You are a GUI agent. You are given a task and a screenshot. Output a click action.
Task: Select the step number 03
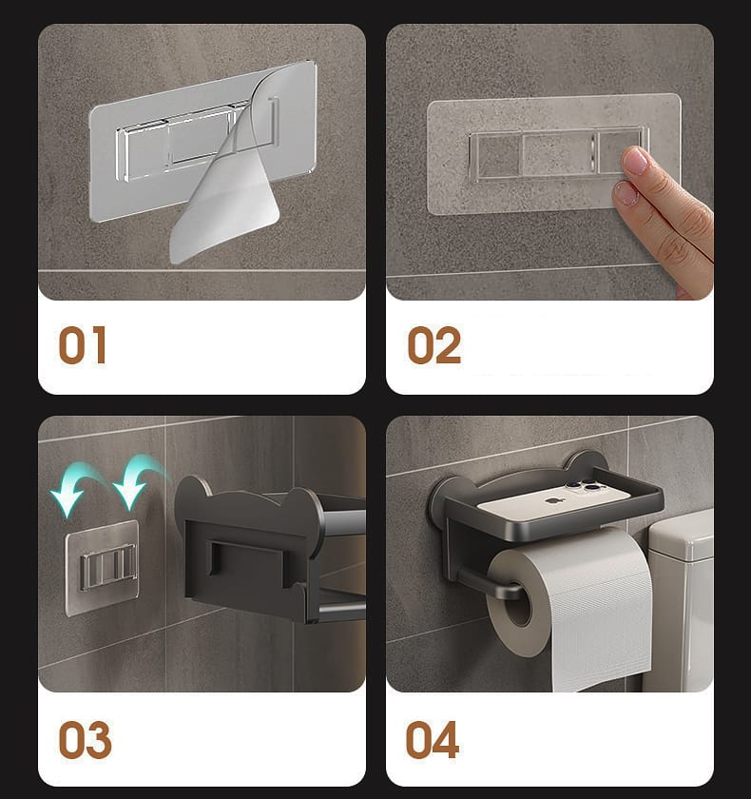click(x=85, y=739)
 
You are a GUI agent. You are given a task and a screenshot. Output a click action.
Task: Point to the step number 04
click(x=433, y=739)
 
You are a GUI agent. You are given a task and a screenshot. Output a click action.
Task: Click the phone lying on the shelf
click(x=551, y=501)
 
